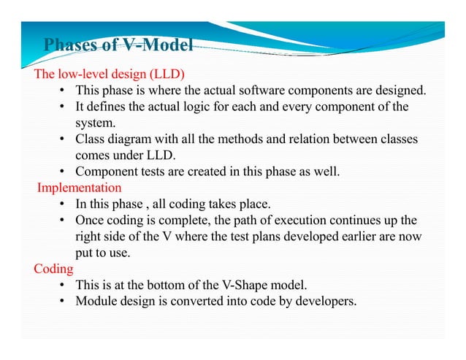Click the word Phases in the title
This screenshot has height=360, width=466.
[71, 46]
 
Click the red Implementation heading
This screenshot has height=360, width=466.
[79, 188]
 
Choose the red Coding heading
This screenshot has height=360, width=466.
[54, 269]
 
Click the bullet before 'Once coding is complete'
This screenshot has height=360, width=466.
[63, 220]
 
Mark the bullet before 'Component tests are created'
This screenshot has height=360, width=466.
[63, 172]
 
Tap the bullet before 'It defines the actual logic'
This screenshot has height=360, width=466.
[63, 107]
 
